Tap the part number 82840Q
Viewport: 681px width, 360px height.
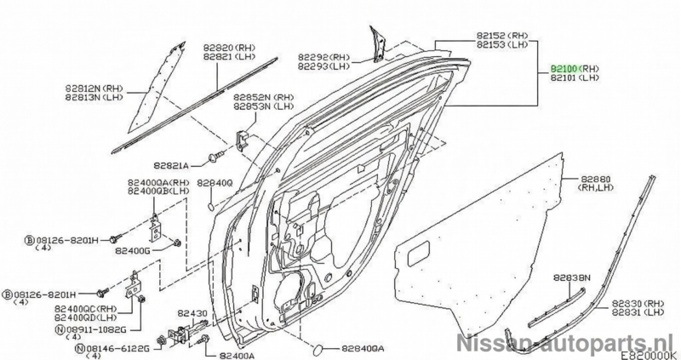pos(214,182)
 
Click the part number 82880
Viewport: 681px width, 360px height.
pos(596,180)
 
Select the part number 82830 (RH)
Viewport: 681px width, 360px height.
pos(634,302)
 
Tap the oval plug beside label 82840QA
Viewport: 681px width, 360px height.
pos(315,348)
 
